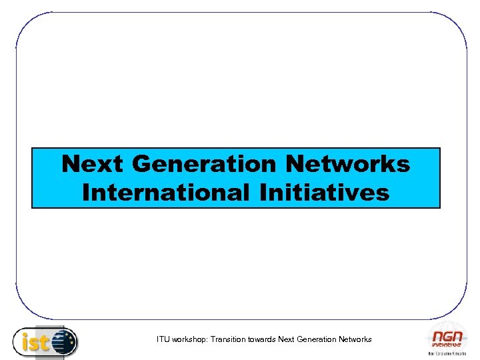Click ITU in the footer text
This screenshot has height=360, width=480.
[163, 339]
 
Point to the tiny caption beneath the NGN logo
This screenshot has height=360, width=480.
[444, 353]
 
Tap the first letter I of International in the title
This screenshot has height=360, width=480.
[85, 193]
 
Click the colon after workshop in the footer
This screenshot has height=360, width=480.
[209, 340]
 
